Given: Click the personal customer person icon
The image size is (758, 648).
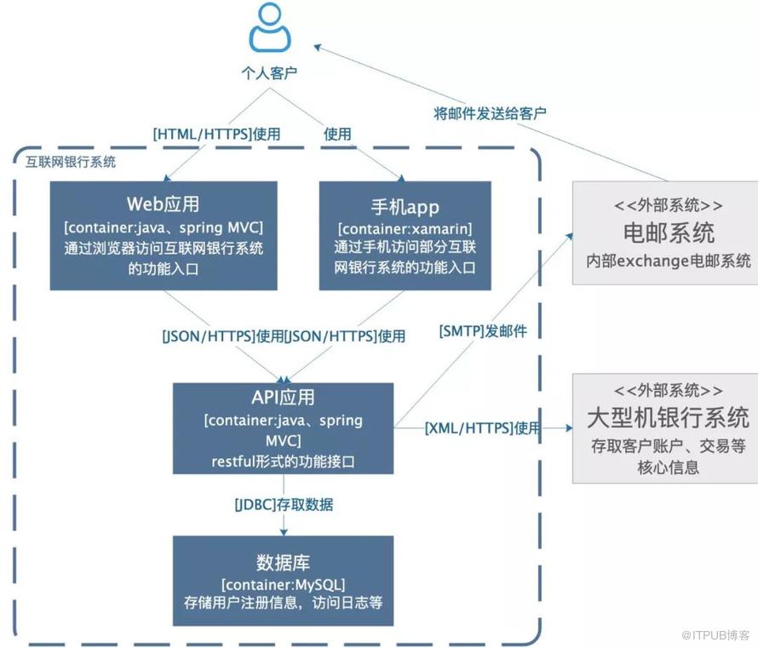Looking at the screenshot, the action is click(x=270, y=27).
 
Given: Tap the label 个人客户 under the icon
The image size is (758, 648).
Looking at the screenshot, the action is click(x=269, y=73).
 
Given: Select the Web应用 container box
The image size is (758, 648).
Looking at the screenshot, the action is click(x=164, y=236).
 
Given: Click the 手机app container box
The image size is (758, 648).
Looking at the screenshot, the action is click(x=405, y=236).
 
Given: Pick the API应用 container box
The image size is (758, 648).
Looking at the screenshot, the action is click(x=284, y=428).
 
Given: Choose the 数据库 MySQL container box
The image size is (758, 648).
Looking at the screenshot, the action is click(x=284, y=581).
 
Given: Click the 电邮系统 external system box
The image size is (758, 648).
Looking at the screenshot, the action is click(x=665, y=233).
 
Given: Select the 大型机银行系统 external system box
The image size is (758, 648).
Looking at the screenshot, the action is click(x=665, y=428).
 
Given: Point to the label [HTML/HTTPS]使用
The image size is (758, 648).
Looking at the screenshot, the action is click(x=216, y=134).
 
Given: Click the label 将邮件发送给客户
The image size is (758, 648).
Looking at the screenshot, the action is click(x=490, y=113).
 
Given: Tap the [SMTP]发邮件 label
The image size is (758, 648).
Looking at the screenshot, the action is click(x=483, y=331).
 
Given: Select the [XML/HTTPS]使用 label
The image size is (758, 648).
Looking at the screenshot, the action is click(x=482, y=428).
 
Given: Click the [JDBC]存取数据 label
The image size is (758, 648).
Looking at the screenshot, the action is click(x=284, y=505).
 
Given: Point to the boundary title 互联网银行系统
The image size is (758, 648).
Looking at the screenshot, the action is click(x=71, y=162).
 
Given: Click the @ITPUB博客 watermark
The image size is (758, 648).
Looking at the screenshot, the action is click(x=716, y=635).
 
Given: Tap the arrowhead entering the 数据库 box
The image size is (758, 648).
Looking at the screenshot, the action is click(x=284, y=532).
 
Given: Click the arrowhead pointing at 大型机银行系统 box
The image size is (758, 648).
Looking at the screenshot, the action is click(x=569, y=428).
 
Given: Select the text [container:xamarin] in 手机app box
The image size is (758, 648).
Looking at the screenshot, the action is click(x=405, y=228).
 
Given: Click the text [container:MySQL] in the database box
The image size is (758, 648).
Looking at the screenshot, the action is click(x=284, y=585).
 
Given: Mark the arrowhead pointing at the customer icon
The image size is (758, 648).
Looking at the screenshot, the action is click(x=318, y=48).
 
